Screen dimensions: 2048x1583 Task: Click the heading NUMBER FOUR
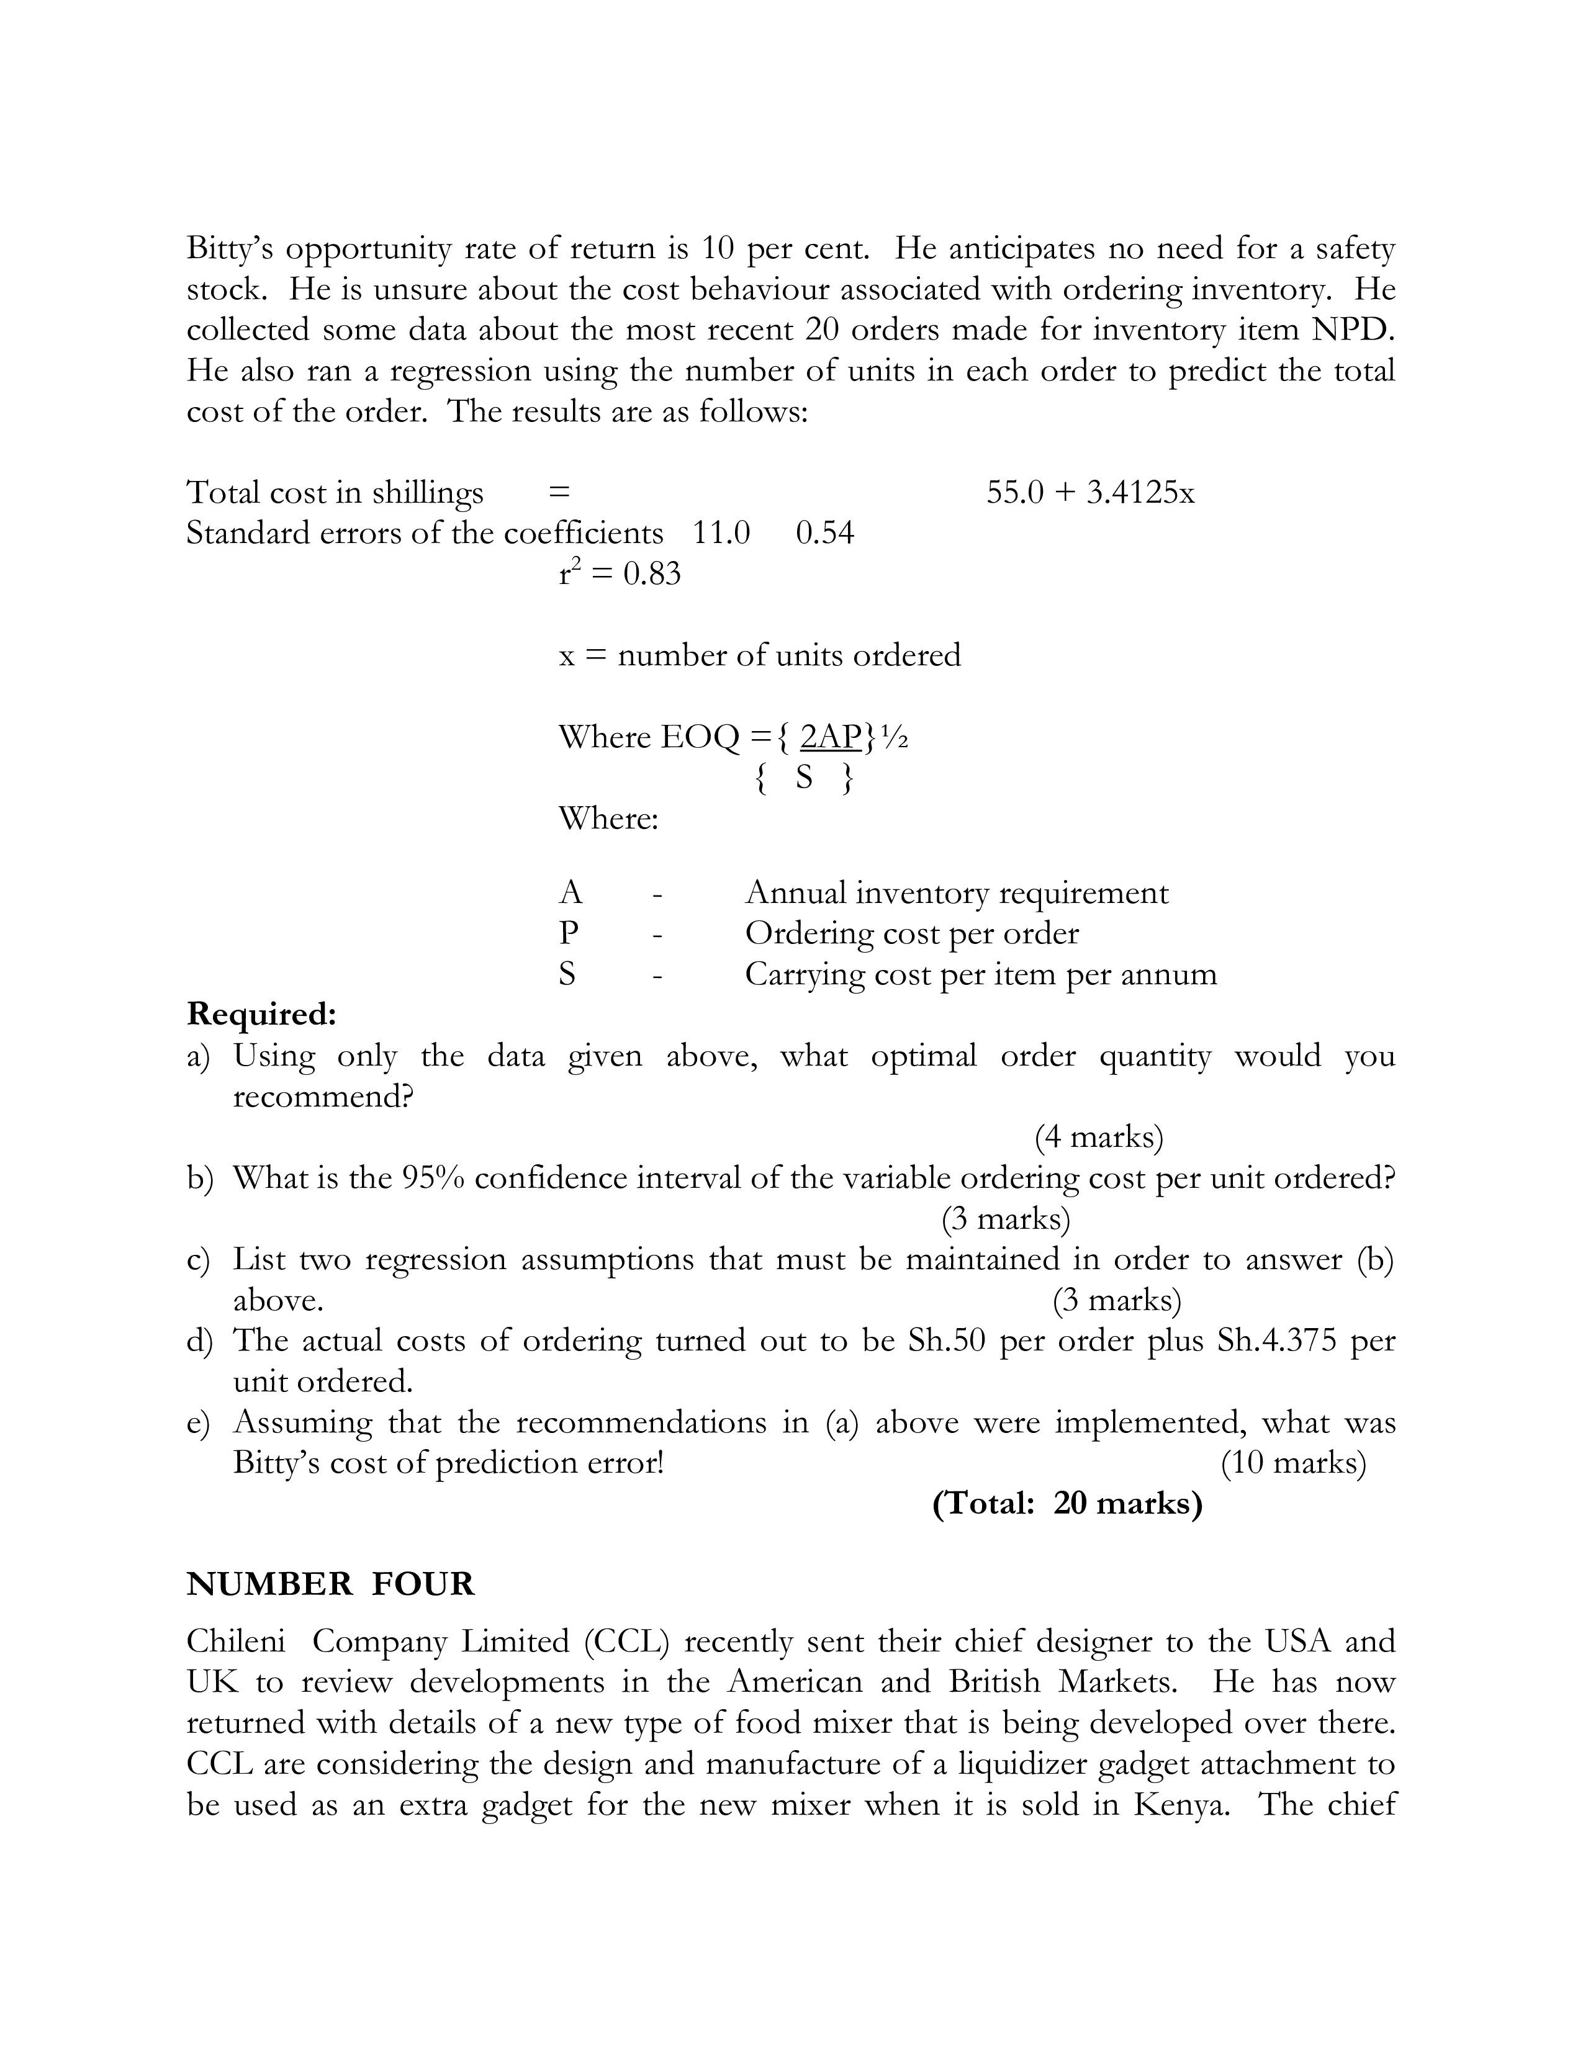(x=330, y=1584)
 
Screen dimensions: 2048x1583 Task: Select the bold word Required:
(x=261, y=1015)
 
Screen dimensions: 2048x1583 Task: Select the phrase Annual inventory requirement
(x=957, y=892)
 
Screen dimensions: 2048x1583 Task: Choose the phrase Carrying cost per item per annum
(x=981, y=974)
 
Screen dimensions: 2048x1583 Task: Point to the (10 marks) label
(x=1293, y=1463)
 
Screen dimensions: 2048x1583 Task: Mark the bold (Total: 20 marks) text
(x=1067, y=1503)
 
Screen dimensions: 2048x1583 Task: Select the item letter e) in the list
(x=198, y=1422)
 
